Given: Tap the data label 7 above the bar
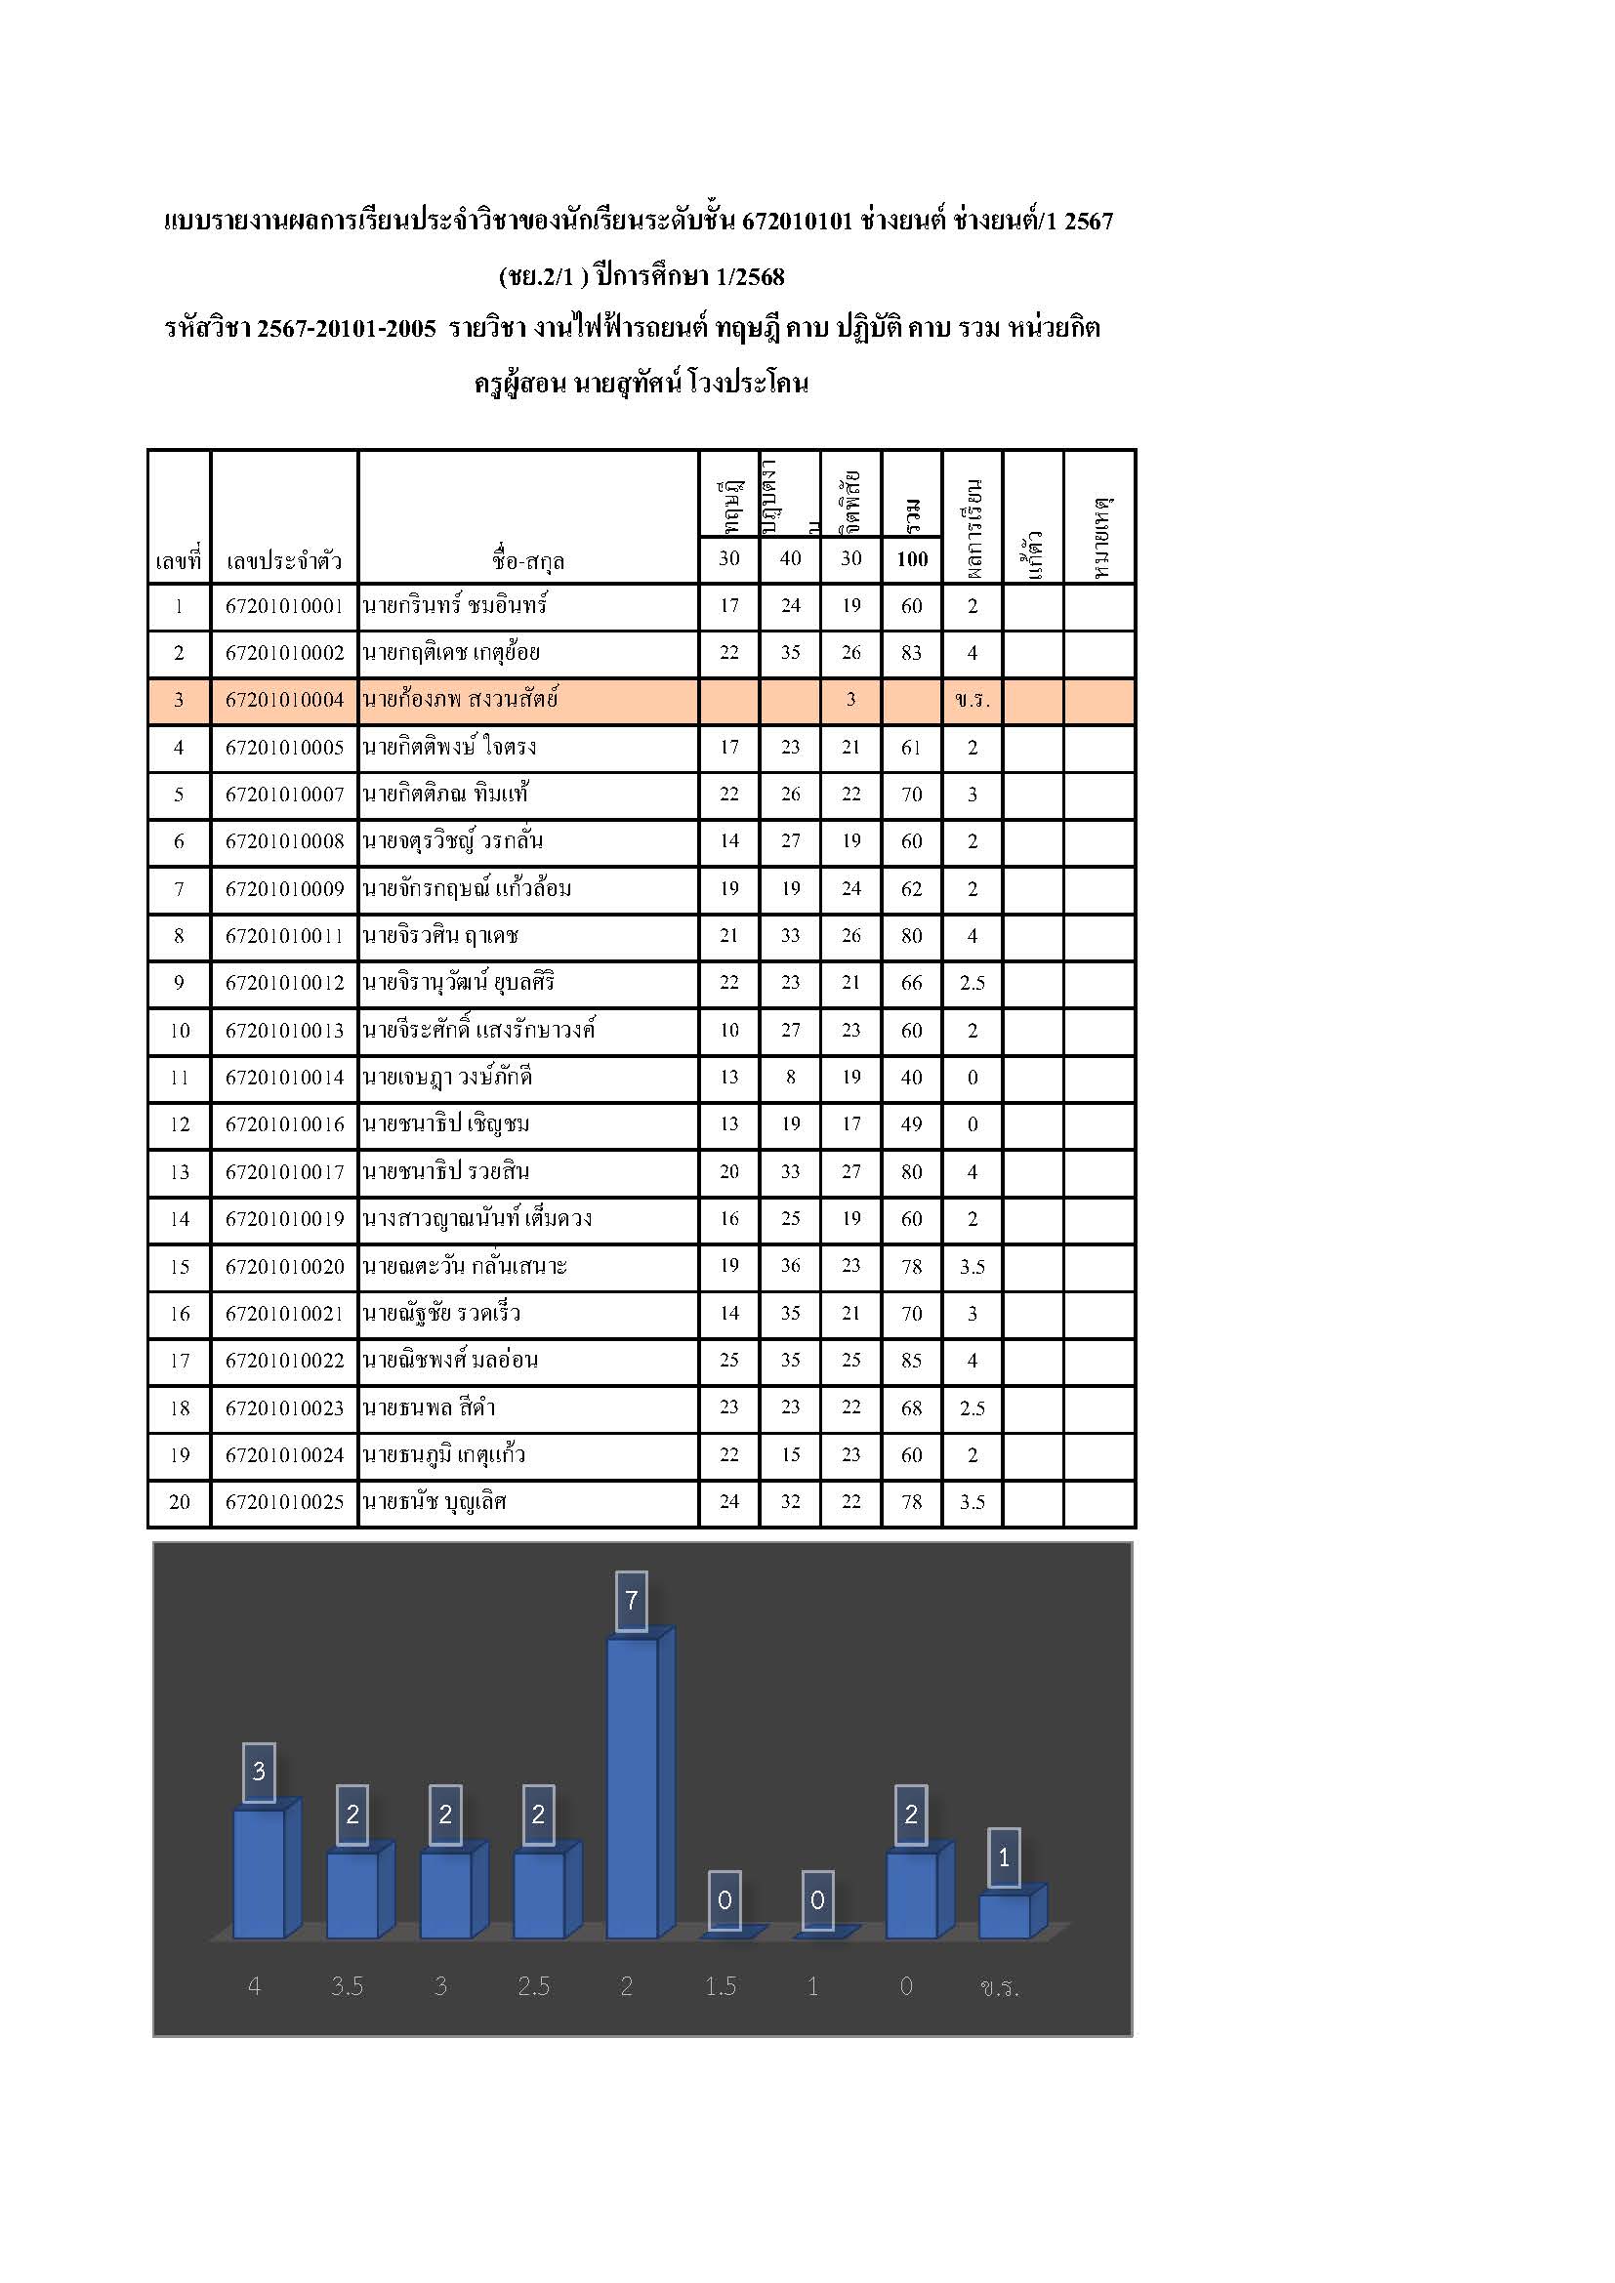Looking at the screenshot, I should pos(632,1600).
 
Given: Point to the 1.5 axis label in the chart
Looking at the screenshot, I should pos(721,1985).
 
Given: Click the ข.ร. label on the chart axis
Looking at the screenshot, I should pos(1000,1986).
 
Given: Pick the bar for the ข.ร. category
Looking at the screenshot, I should pos(1005,1915).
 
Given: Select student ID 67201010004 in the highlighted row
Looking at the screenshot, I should pos(284,700).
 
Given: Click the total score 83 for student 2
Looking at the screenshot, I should pos(911,653).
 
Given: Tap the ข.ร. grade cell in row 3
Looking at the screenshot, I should pos(972,700).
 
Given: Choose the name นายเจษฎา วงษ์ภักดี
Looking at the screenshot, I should pos(447,1077).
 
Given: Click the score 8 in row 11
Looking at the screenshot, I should pos(791,1077).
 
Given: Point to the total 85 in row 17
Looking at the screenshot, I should pos(911,1360).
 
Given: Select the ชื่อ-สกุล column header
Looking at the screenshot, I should pos(528,561).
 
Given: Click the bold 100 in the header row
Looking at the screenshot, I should pos(912,559).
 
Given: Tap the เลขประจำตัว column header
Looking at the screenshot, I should pos(284,561).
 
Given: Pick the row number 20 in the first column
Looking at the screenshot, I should pos(179,1501).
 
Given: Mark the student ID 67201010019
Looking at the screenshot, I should pos(284,1219).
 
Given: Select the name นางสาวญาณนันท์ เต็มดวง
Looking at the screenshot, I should pos(477,1219).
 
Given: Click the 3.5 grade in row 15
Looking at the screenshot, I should pos(972,1267).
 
